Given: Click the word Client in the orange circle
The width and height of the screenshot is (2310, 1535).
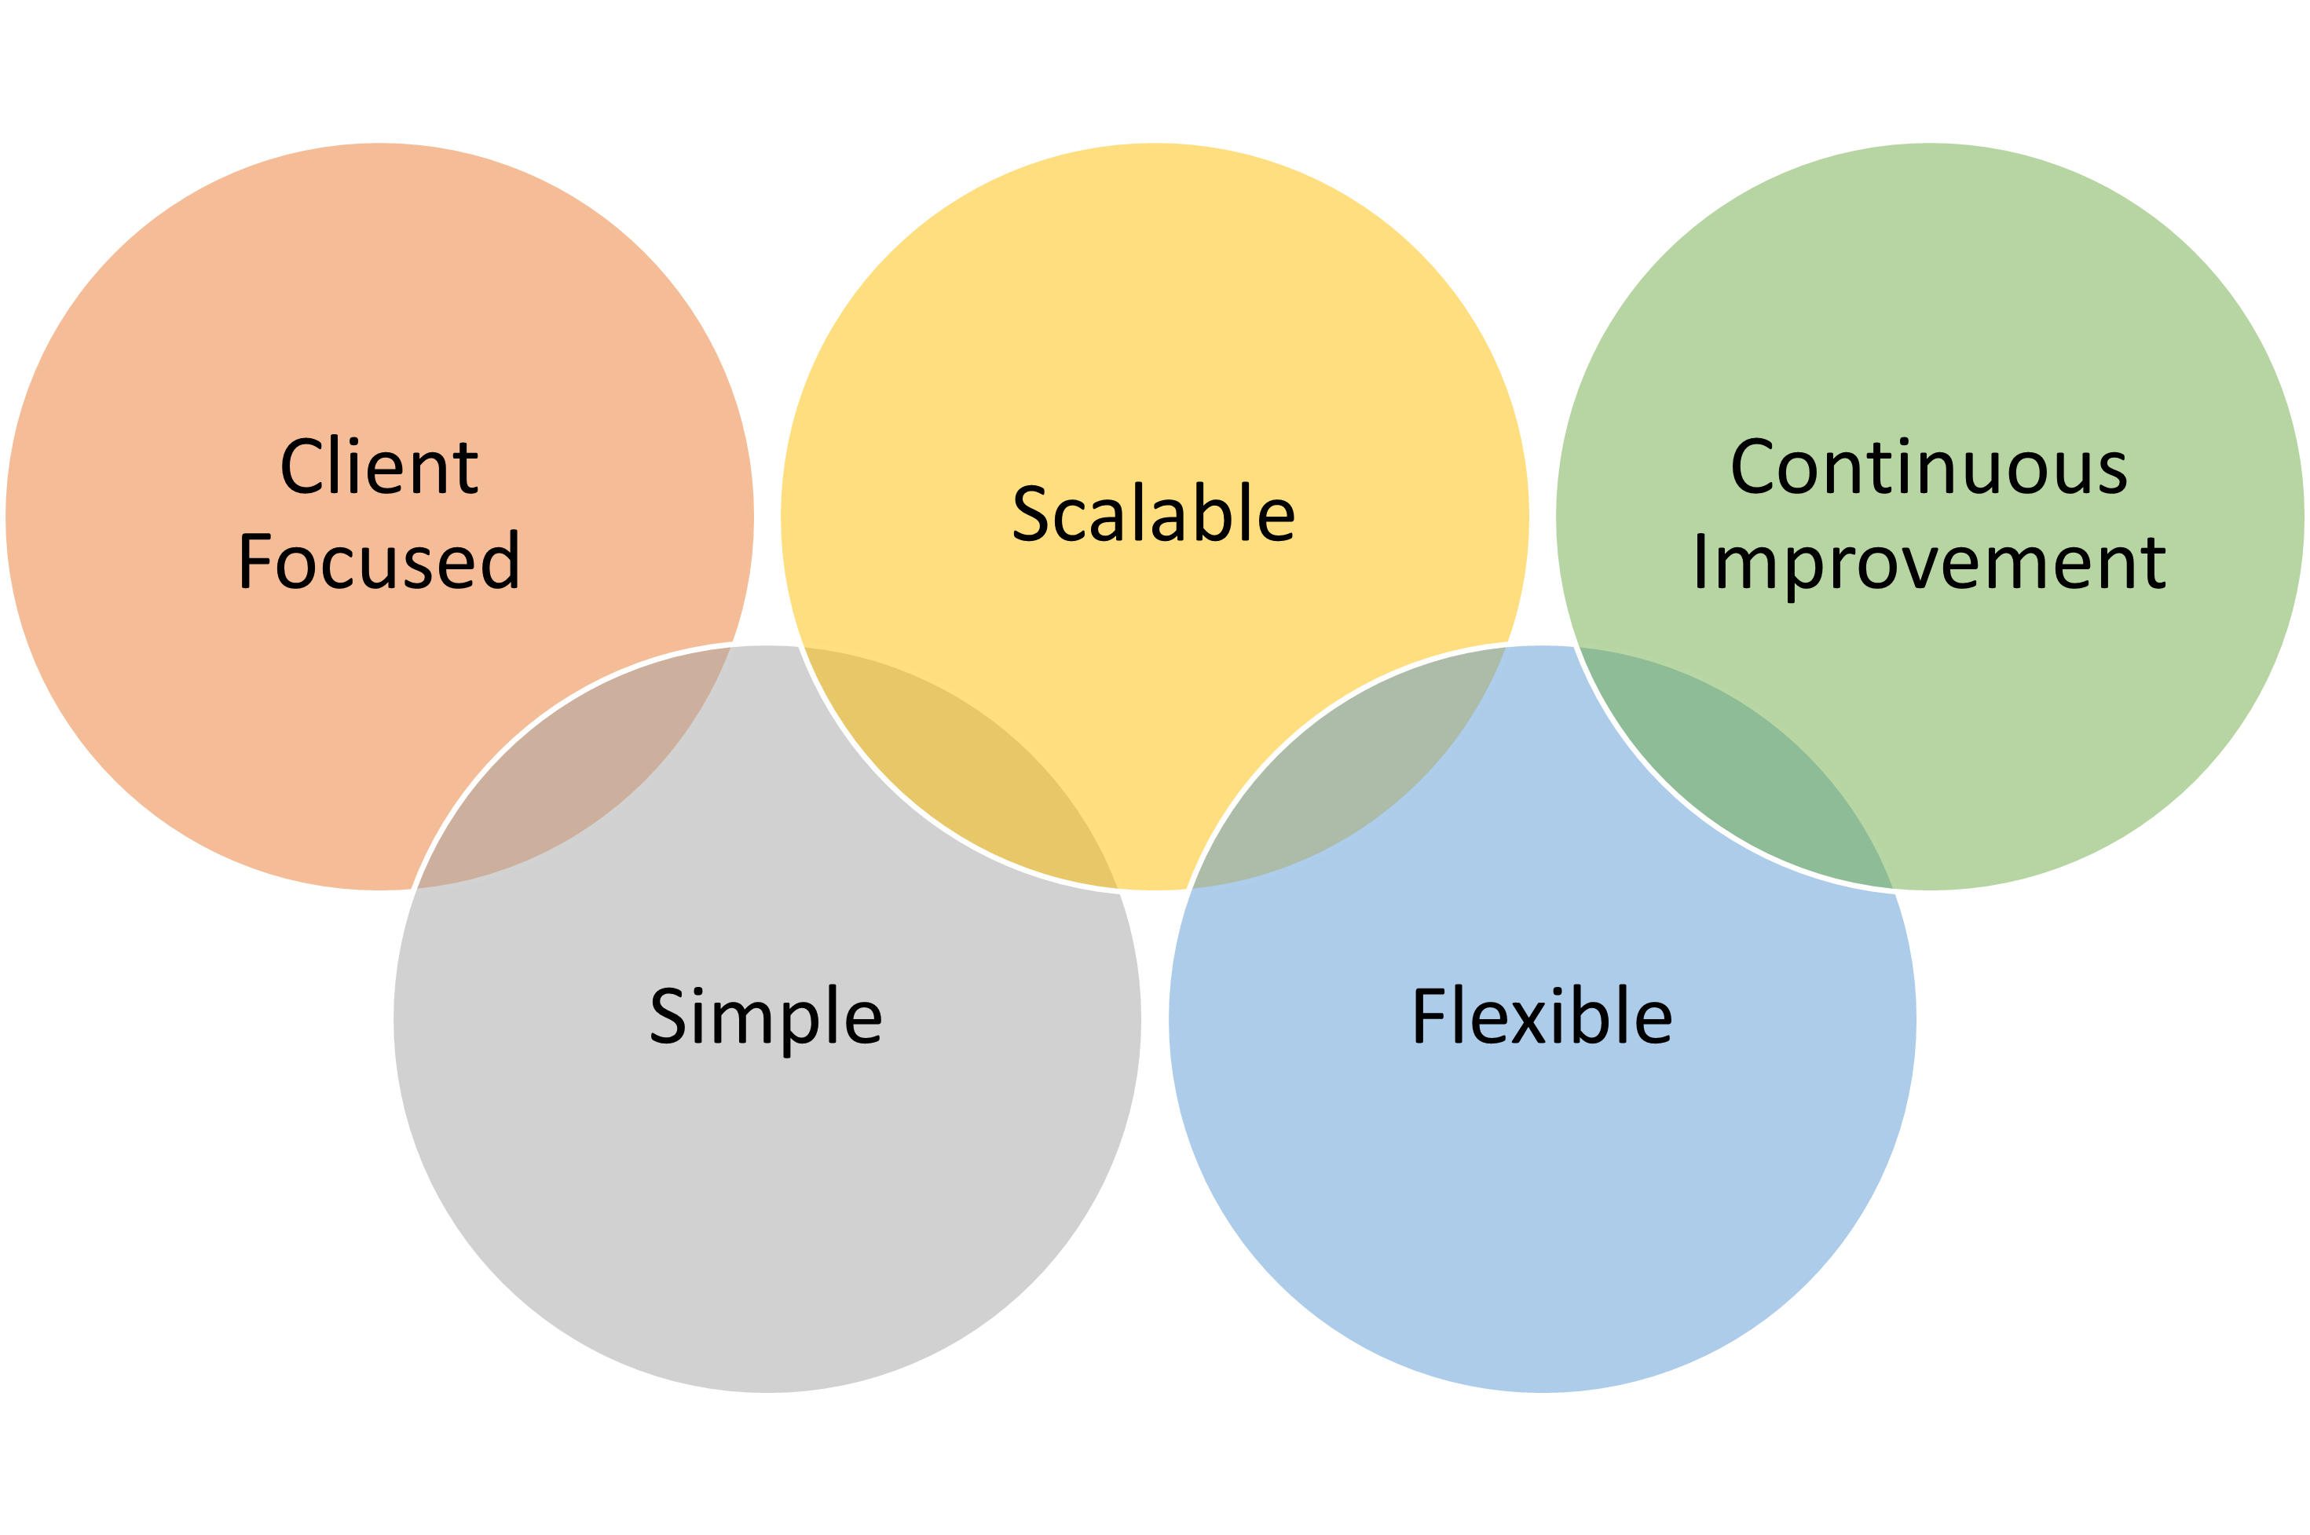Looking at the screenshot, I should [379, 467].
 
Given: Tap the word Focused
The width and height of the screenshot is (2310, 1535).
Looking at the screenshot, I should [379, 562].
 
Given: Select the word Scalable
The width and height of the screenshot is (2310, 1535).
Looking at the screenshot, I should [1154, 514].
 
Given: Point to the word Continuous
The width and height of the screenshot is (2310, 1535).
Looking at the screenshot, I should [1928, 467].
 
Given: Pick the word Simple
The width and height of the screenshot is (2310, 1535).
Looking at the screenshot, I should [766, 1016].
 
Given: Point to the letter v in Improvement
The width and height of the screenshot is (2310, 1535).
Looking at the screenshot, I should [1909, 568].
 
